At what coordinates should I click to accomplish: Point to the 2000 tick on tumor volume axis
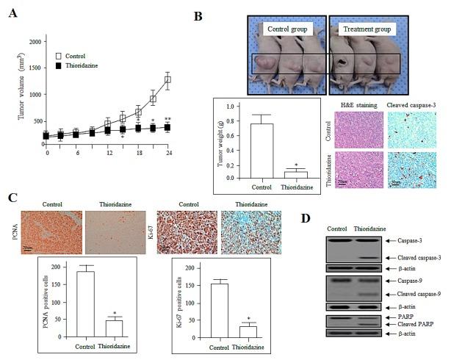35,42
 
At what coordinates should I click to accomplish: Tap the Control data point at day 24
168,79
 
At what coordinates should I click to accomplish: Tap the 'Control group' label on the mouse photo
286,29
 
